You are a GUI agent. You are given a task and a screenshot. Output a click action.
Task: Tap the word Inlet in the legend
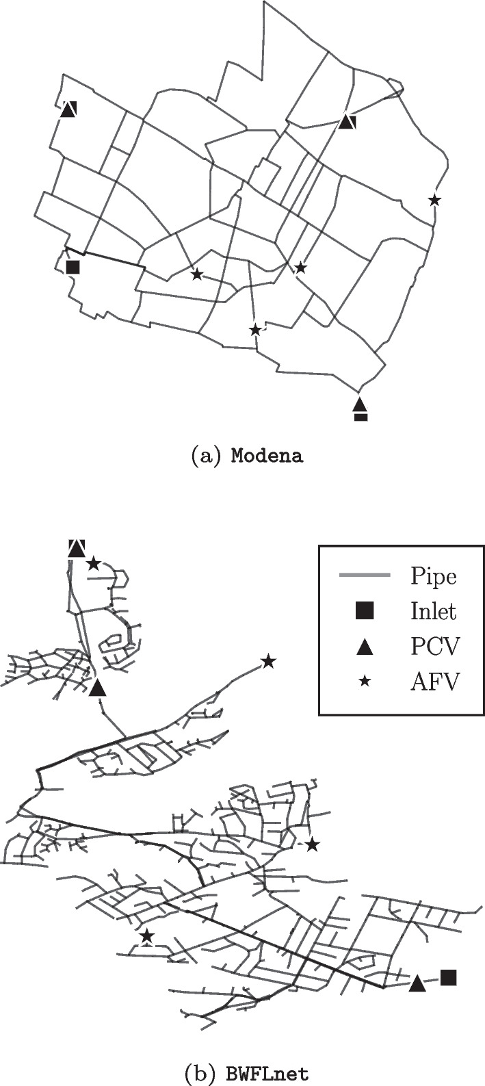(433, 611)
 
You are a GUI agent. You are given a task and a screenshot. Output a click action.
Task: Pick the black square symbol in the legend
(365, 612)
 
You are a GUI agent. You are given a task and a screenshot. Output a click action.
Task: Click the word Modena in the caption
(266, 456)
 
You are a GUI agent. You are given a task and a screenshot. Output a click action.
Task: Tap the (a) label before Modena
(207, 456)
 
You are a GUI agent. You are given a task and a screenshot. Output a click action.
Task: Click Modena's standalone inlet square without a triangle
(73, 267)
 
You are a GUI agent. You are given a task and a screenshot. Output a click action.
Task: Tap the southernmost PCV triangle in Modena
(360, 404)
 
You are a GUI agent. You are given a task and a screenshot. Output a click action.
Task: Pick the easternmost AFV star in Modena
(434, 200)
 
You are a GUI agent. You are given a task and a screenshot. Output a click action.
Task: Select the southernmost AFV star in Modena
(255, 330)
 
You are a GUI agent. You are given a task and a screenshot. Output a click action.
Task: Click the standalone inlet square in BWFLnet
(449, 977)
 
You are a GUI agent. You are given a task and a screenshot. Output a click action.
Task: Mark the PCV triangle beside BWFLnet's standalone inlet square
(417, 983)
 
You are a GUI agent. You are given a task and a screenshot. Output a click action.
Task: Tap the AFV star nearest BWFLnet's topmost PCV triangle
(94, 564)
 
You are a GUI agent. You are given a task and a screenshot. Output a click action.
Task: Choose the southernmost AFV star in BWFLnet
(146, 935)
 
